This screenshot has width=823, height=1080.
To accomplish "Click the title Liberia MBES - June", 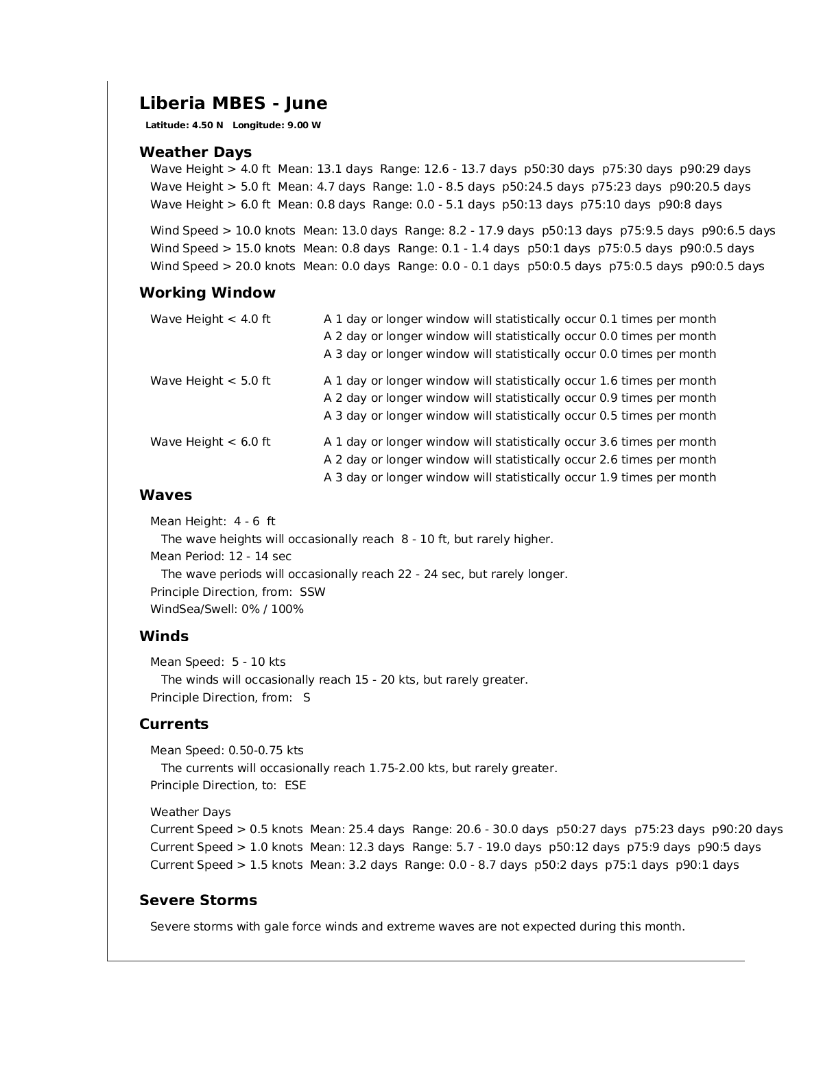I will (x=233, y=104).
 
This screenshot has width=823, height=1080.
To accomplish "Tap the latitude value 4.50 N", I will (x=208, y=125).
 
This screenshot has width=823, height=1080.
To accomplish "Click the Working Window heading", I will (x=207, y=293).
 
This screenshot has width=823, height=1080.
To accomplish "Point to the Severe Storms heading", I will (x=198, y=900).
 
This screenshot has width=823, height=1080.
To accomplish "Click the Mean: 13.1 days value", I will (x=325, y=169).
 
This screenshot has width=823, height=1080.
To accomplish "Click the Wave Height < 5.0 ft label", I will (x=210, y=381).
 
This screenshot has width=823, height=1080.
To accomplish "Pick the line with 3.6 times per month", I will (x=519, y=442).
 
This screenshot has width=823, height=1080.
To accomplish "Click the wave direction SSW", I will (x=313, y=592).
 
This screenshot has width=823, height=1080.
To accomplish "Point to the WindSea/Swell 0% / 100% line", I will (x=226, y=610).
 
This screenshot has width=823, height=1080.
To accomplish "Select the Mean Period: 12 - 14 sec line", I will (x=220, y=557).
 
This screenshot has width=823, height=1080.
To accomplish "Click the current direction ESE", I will (x=295, y=786).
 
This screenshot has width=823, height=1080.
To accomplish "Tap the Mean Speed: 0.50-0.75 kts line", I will (x=226, y=751).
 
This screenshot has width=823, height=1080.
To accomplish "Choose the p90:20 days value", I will (x=747, y=830).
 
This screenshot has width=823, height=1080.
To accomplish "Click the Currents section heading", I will (x=174, y=724).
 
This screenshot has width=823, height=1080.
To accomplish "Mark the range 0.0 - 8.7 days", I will (x=466, y=865).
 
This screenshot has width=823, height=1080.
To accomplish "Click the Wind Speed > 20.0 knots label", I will (x=222, y=267).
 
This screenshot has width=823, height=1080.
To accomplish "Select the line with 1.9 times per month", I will (x=519, y=478).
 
